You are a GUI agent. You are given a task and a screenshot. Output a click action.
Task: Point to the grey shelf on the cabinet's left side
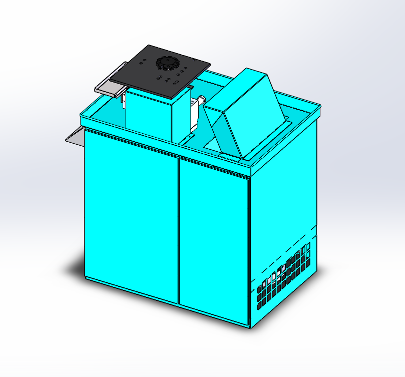point(75,136)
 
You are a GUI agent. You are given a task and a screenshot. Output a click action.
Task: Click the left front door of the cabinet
point(131,215)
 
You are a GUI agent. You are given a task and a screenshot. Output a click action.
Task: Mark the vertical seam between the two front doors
point(179,230)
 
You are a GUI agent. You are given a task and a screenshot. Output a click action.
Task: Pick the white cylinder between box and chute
point(202,100)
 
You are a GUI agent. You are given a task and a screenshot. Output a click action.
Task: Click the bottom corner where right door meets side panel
point(249,326)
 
